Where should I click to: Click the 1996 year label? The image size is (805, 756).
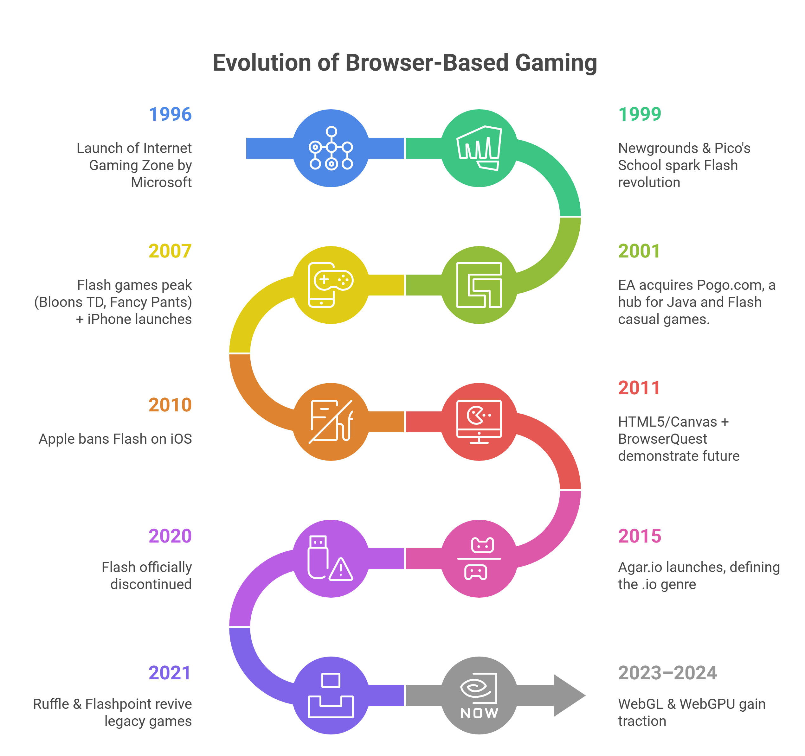click(x=170, y=114)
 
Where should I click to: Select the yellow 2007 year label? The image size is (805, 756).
click(x=170, y=251)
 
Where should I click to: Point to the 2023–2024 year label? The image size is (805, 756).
click(x=667, y=673)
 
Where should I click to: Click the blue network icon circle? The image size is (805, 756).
click(x=331, y=148)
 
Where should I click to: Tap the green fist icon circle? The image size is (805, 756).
click(x=479, y=148)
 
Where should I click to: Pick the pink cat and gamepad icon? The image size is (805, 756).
click(x=479, y=558)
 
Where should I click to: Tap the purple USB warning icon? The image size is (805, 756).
click(x=331, y=558)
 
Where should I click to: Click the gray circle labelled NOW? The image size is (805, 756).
click(x=479, y=695)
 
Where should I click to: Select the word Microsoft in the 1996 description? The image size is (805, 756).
click(x=161, y=182)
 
